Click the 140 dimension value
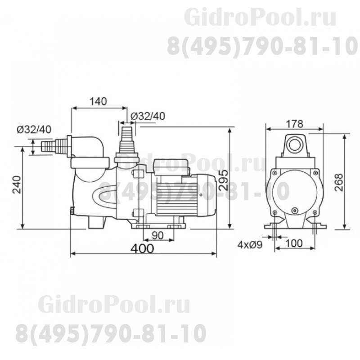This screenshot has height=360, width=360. pyautogui.click(x=98, y=101)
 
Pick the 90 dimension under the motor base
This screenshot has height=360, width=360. pyautogui.click(x=157, y=234)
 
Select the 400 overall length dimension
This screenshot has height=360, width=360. pyautogui.click(x=143, y=248)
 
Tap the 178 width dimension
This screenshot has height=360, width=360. pyautogui.click(x=294, y=123)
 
